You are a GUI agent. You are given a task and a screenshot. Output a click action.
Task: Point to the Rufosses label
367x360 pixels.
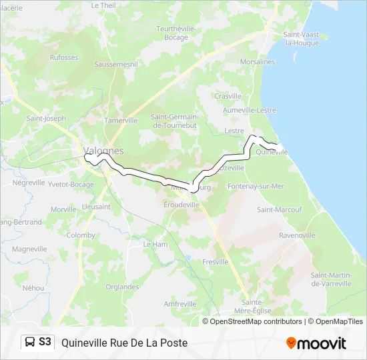coord(64,57)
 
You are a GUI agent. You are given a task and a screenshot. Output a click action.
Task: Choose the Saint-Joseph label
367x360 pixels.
coord(46,119)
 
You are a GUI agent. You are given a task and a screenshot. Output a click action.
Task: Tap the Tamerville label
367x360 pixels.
coord(121,121)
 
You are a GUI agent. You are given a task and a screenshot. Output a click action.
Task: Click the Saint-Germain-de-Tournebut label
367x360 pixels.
coord(175,121)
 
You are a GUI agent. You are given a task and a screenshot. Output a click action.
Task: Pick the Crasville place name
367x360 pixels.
coord(228,96)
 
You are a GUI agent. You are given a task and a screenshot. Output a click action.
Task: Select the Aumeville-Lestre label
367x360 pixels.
coord(250,110)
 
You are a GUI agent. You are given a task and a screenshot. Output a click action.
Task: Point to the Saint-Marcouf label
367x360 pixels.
coord(280,209)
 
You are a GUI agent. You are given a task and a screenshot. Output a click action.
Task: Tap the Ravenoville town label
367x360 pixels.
coord(297,235)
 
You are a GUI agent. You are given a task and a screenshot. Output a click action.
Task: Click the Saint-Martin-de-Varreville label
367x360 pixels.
coord(330,279)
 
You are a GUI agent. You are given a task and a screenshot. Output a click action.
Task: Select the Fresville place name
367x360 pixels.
coord(216,262)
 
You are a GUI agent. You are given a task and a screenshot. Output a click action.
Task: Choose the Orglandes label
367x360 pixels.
coord(122,287)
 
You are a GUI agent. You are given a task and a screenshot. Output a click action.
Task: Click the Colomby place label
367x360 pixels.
coord(81,235)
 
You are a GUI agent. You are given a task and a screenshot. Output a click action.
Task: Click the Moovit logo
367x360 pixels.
coord(316,343)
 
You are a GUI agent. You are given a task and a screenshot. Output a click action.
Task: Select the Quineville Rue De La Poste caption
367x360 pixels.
coord(124,343)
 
